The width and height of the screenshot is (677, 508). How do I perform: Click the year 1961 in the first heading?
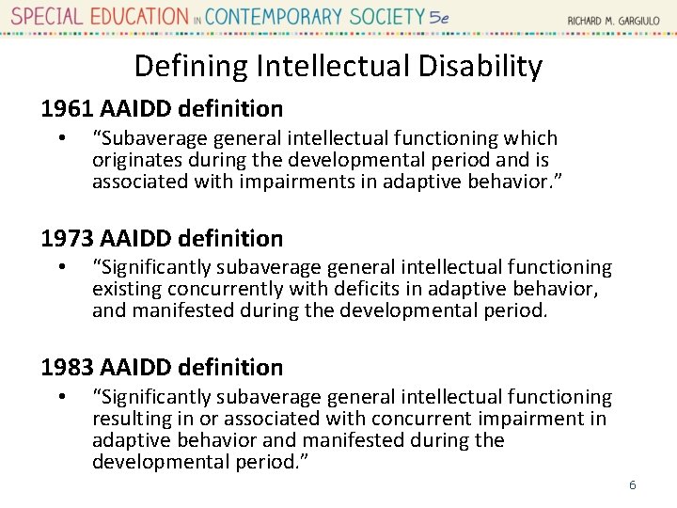(65, 109)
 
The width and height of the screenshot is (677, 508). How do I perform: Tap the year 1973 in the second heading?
(65, 238)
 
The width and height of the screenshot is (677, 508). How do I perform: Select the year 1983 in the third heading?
(65, 367)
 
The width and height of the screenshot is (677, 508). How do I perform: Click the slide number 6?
(633, 485)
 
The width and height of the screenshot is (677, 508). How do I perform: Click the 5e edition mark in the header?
(438, 17)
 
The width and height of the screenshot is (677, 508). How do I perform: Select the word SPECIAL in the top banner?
(47, 17)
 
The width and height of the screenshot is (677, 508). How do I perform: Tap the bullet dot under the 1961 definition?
(60, 139)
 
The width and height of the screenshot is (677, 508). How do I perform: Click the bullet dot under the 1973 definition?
(60, 268)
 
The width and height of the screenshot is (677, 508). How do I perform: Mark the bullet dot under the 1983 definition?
(60, 398)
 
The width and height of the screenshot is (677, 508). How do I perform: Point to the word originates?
(132, 160)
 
